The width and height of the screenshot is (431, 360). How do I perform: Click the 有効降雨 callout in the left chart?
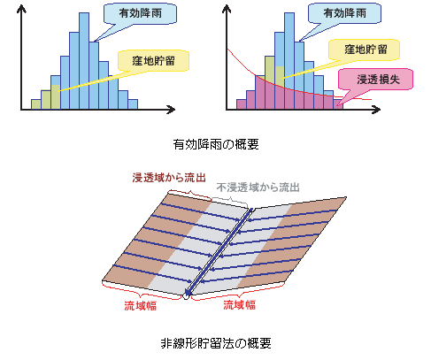coord(140,13)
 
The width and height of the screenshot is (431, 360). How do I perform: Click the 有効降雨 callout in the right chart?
coord(344,13)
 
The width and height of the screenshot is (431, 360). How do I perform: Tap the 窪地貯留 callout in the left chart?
coord(153,61)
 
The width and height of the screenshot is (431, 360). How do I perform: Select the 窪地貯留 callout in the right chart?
coord(366,50)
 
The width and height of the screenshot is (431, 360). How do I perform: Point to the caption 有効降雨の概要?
coord(216,144)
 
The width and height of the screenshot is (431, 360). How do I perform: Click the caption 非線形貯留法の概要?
coord(216,343)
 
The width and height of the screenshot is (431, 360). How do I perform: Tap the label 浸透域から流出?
coord(169,178)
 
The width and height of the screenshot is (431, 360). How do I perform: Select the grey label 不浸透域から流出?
coord(258,188)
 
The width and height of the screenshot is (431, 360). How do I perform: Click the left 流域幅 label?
coord(140,305)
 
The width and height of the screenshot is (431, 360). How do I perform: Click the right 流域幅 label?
coord(239,304)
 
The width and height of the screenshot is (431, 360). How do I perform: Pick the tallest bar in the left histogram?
coord(84,61)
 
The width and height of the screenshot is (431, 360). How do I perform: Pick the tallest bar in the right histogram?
coord(289,61)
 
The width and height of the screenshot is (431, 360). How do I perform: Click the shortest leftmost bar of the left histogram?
coord(36,104)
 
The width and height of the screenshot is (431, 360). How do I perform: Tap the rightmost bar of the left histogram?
coord(133,104)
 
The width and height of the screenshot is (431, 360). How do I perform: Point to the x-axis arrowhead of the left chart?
coord(172,110)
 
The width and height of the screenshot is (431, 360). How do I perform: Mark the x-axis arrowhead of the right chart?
coord(377,110)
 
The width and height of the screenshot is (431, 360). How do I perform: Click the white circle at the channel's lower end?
coord(186,295)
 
